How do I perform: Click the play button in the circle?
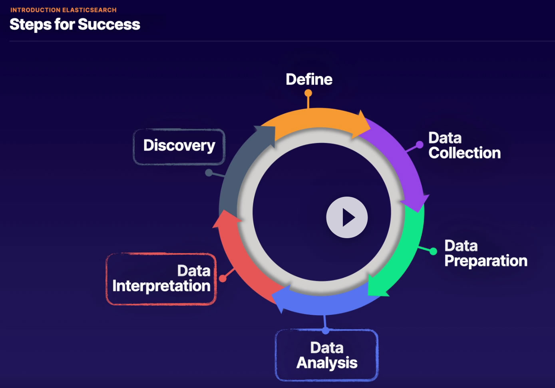[x=347, y=217]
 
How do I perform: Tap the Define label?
[x=309, y=80]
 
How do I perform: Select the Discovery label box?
[x=179, y=146]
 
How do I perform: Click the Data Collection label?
[x=464, y=145]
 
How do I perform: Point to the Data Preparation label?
[x=485, y=253]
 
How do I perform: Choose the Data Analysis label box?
[x=326, y=355]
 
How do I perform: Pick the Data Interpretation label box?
[x=161, y=279]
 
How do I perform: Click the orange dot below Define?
[x=308, y=93]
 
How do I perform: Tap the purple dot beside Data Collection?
[x=419, y=145]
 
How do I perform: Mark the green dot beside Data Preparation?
[x=433, y=251]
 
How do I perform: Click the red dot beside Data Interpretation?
[x=223, y=279]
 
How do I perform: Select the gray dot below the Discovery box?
[x=209, y=173]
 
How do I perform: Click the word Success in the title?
[x=109, y=25]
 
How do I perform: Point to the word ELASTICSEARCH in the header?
[x=89, y=10]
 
